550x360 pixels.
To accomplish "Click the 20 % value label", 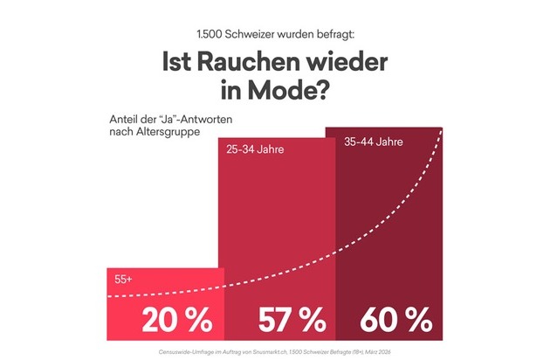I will point(178,319).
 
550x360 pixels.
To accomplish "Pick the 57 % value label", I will point(287,319).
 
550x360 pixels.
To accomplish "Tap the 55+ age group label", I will point(124,280).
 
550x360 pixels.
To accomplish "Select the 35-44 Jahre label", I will point(375,141).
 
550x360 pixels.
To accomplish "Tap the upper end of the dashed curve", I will point(442,131).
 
